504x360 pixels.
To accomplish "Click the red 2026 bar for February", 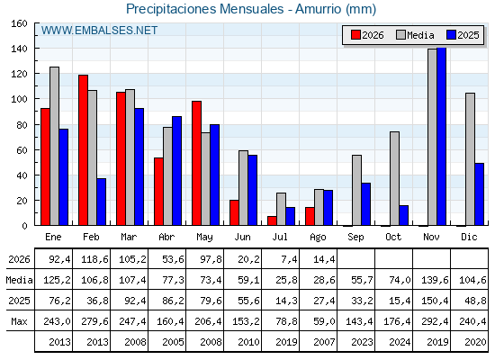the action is [x=83, y=150].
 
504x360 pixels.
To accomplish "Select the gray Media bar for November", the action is [x=432, y=137].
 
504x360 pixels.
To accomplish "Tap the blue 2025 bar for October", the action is [x=404, y=215].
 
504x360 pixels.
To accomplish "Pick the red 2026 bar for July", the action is [x=272, y=220].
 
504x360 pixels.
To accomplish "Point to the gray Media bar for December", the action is [x=470, y=159].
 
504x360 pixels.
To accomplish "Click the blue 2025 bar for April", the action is [x=176, y=171].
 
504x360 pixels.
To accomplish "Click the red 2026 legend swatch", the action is [x=355, y=35].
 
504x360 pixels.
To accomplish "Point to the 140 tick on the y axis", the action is [x=20, y=49].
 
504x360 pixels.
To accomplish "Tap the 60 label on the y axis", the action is [x=22, y=150].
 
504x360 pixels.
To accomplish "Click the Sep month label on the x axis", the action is [x=355, y=238].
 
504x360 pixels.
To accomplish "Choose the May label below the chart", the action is [x=204, y=238].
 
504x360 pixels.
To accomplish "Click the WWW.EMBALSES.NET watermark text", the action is [x=99, y=31].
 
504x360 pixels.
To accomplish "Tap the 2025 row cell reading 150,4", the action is [x=435, y=301].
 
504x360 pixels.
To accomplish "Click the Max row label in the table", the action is [x=19, y=321].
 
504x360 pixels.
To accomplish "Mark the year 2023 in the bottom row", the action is [x=362, y=342].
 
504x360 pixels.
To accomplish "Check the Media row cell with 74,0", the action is [x=400, y=280].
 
